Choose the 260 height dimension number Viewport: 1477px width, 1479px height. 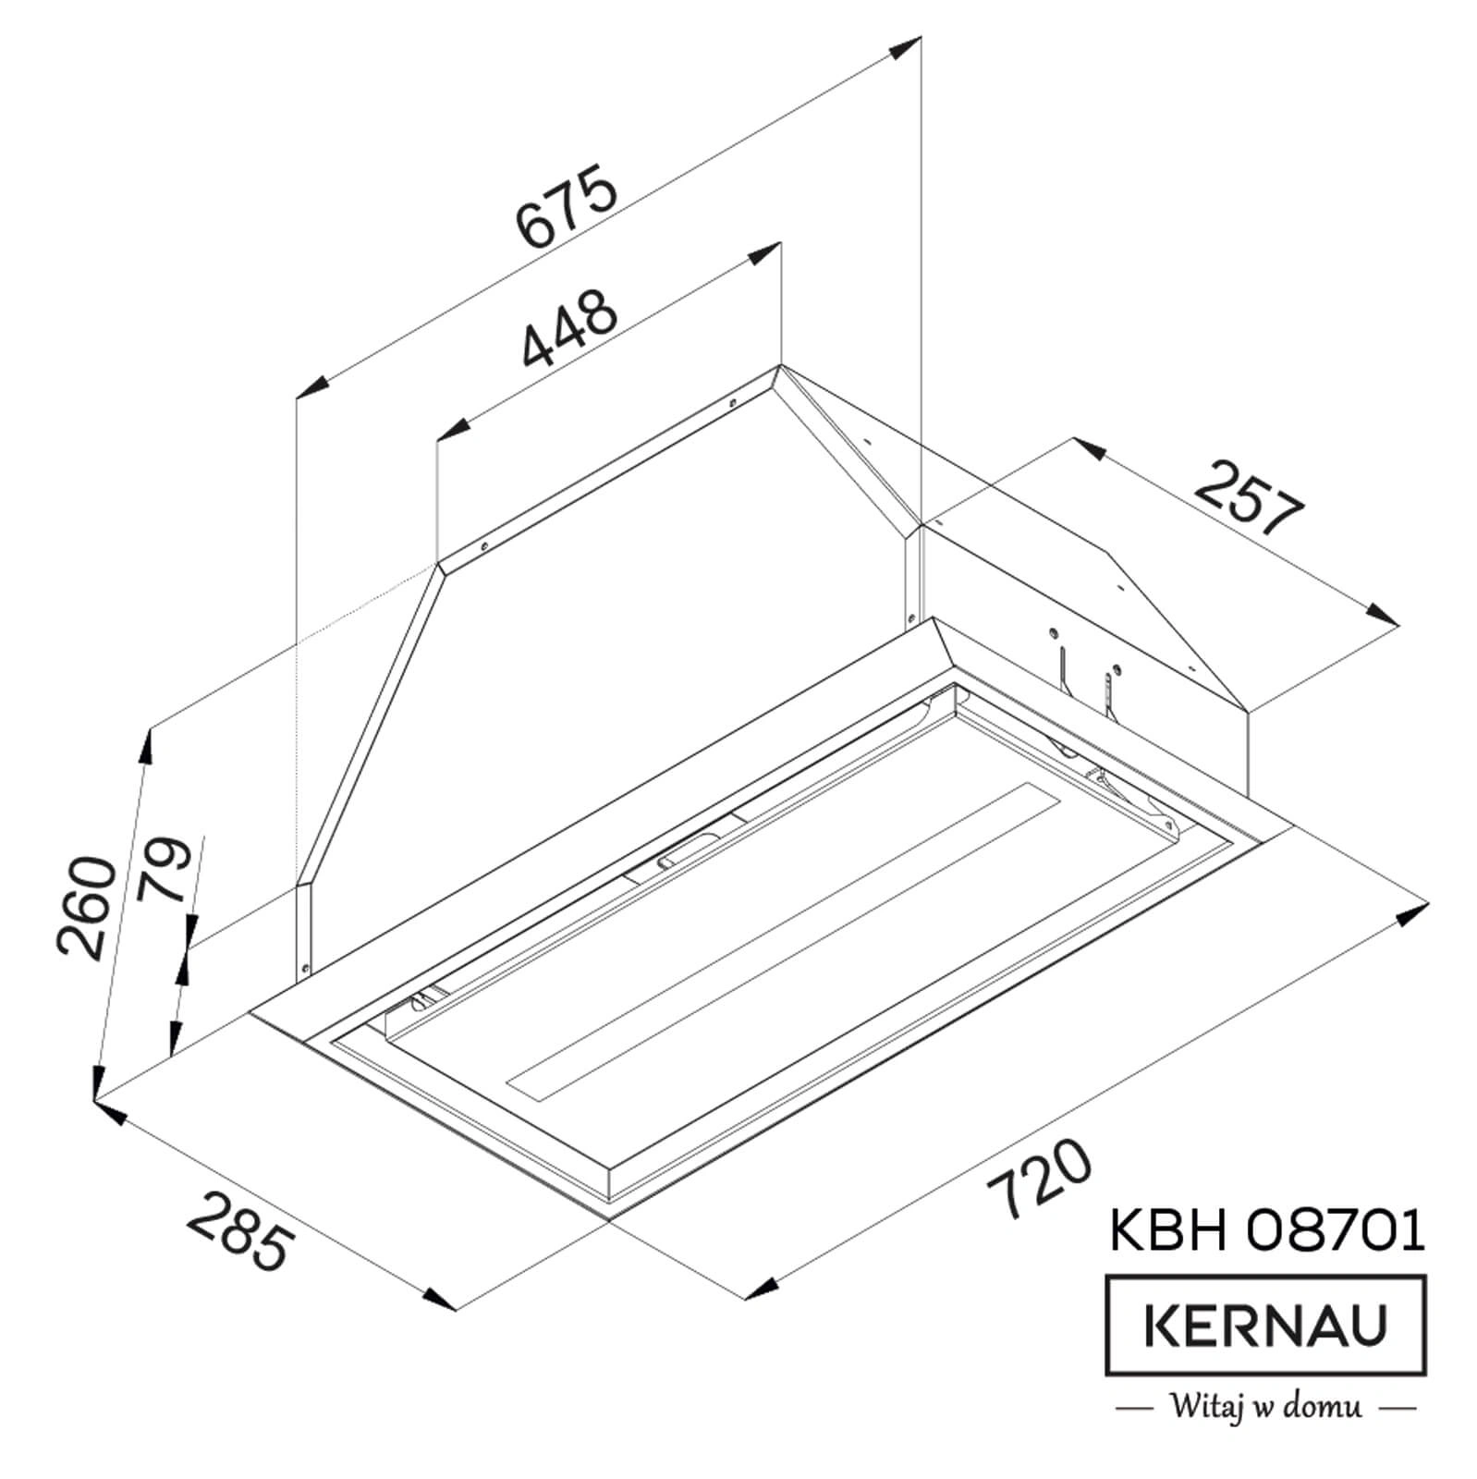coord(87,906)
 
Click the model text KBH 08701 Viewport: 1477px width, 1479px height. coord(1265,1232)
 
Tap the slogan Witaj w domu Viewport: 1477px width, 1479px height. coord(1265,1408)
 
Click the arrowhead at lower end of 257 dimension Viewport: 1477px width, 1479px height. coord(1382,616)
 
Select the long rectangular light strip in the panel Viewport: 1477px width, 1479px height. coord(786,938)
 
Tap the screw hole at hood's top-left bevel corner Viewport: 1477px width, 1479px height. coord(483,547)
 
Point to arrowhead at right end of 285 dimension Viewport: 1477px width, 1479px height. coord(441,1298)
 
